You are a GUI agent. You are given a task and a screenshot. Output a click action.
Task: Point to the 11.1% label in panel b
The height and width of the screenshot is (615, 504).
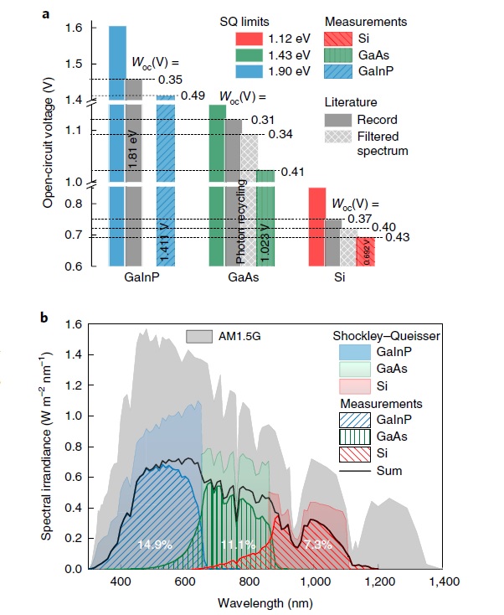pyautogui.click(x=239, y=545)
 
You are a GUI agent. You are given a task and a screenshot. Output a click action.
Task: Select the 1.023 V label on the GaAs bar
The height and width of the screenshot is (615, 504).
pyautogui.click(x=265, y=232)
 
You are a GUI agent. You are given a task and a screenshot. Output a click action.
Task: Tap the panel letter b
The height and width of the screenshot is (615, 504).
pyautogui.click(x=46, y=318)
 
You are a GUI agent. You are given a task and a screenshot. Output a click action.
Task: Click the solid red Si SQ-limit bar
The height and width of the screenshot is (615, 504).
pyautogui.click(x=316, y=226)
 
